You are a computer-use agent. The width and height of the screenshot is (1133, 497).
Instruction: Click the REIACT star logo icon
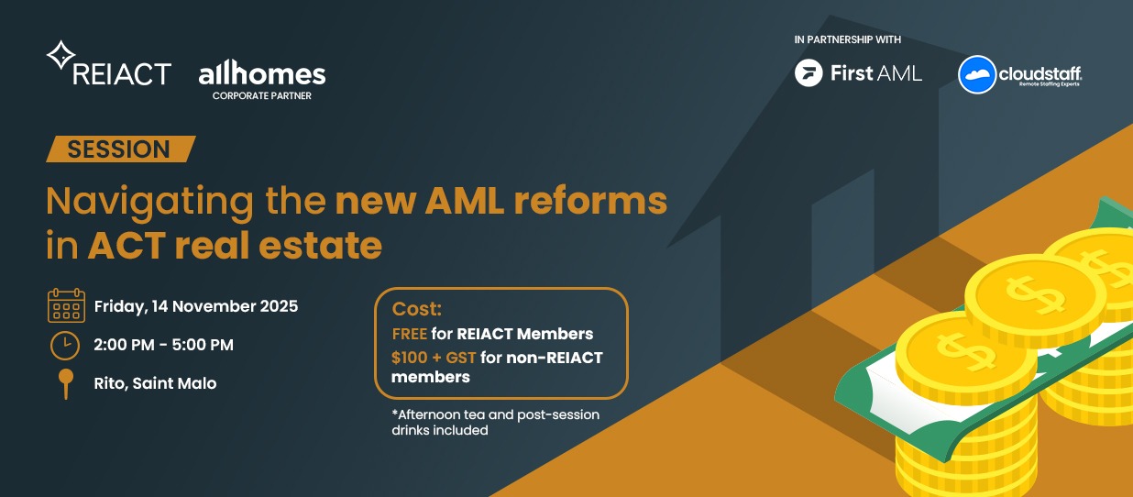(x=60, y=55)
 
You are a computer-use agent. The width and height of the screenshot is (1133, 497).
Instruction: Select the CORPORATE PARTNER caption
(x=262, y=95)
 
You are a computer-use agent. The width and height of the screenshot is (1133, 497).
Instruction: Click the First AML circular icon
(x=808, y=72)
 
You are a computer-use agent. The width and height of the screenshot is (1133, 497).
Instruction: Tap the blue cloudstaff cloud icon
(x=977, y=74)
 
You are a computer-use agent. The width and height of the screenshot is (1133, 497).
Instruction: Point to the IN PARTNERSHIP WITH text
(x=847, y=39)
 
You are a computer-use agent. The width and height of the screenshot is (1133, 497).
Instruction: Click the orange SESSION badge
(x=120, y=149)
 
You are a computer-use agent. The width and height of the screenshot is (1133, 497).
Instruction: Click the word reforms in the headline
(x=590, y=201)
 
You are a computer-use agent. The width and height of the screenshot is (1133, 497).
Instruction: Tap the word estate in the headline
(x=320, y=246)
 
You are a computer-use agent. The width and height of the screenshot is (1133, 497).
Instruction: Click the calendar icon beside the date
(x=66, y=305)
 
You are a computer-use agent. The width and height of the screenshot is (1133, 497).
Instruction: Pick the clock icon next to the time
(x=65, y=346)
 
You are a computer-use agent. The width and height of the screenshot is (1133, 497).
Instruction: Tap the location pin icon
(x=66, y=384)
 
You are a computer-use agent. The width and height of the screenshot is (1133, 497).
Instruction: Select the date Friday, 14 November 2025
(x=196, y=306)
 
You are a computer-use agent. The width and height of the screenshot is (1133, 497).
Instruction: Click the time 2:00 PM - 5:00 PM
(x=163, y=345)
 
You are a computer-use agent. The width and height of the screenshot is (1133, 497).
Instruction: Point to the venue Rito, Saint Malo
(x=155, y=383)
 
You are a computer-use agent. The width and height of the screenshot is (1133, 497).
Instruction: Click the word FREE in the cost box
(x=409, y=334)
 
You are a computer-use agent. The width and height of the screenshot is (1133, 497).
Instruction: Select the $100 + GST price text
(x=434, y=358)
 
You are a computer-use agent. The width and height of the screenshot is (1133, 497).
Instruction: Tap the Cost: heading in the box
(x=417, y=309)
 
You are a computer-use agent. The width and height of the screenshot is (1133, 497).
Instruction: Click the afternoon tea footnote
(x=495, y=422)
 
